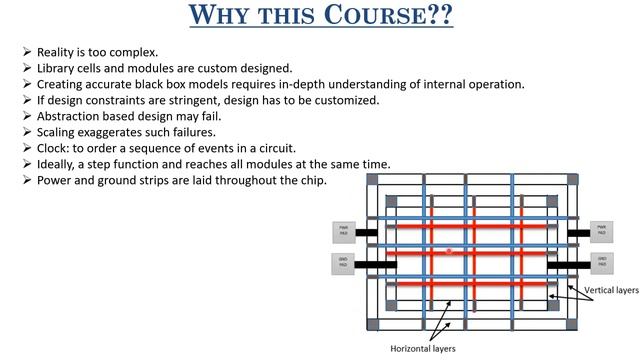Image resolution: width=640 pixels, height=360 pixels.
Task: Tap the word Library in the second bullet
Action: tap(57, 67)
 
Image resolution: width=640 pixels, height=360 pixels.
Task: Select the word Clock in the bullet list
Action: tap(54, 148)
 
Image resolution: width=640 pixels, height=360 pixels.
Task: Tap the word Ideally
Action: tap(58, 164)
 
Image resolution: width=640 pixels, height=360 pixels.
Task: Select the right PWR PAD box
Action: tap(602, 231)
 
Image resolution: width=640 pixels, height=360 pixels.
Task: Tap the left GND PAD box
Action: tap(344, 264)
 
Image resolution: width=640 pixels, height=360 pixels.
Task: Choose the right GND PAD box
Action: tap(602, 263)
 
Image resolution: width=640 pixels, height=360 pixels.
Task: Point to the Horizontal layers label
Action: tap(423, 349)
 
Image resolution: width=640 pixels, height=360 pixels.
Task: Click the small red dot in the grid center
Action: tap(449, 250)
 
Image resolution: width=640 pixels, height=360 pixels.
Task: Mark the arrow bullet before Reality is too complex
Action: tap(25, 51)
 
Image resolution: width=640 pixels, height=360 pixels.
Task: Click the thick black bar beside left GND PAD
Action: tap(372, 265)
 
